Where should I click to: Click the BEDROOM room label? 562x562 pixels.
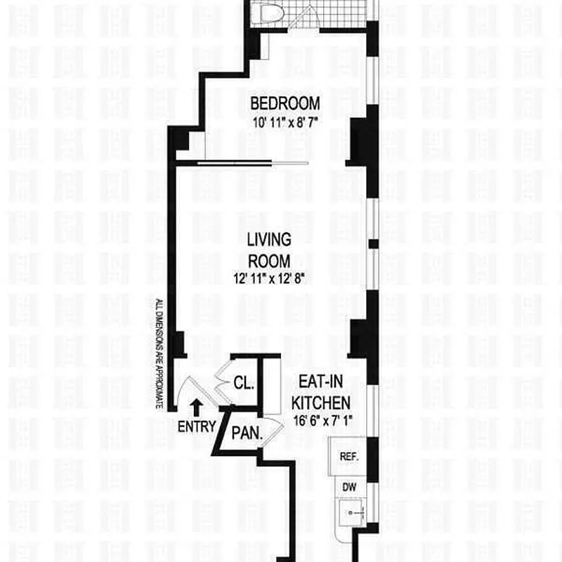tap(285, 103)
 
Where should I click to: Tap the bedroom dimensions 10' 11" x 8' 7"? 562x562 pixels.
tap(285, 121)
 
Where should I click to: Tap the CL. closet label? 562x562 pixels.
tap(245, 384)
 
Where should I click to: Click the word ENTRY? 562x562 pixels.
tap(196, 426)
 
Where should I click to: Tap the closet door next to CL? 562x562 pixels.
tap(226, 380)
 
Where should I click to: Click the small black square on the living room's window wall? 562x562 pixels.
tap(374, 243)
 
